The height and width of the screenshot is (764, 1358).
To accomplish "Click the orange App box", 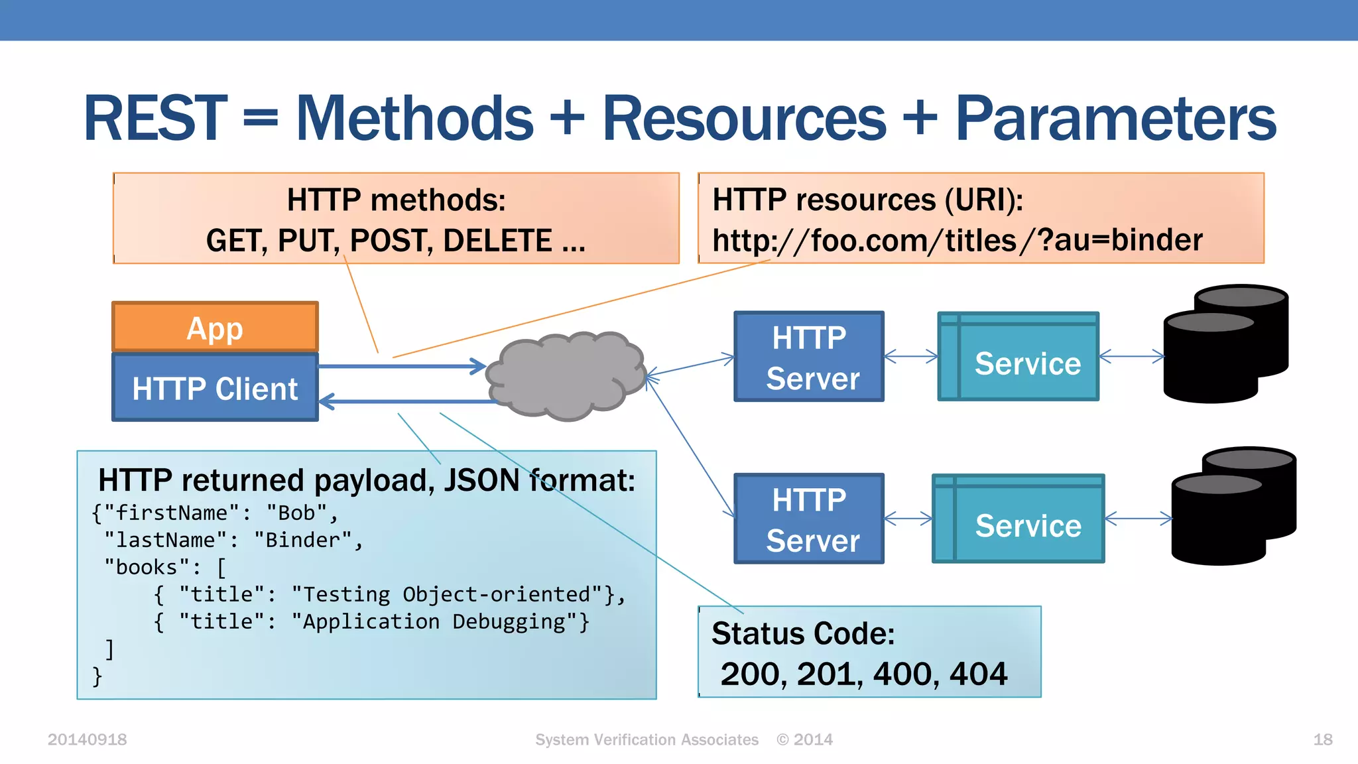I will (x=215, y=327).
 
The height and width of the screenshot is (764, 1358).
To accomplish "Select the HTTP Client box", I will (x=215, y=388).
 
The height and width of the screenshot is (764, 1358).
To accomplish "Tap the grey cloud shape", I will (x=565, y=376).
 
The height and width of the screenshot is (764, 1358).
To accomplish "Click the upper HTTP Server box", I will (x=809, y=357).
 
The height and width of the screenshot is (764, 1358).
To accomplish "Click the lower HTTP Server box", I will (x=809, y=519).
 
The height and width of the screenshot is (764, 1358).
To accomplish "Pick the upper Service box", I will (x=1019, y=357).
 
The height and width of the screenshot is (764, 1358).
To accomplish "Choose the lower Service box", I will (x=1019, y=519).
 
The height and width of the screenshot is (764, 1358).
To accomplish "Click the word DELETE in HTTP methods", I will (x=497, y=240).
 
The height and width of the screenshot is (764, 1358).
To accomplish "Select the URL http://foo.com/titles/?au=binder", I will (x=957, y=240).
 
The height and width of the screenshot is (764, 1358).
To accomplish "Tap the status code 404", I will (x=979, y=674).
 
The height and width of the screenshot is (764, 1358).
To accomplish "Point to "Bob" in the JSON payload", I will (x=296, y=513).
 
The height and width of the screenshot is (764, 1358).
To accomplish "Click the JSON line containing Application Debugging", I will (x=371, y=621).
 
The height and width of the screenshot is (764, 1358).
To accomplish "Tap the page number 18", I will (x=1322, y=739).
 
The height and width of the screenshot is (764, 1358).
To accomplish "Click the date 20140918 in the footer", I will (x=87, y=739).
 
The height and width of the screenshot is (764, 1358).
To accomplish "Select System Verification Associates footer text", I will (x=647, y=739).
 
